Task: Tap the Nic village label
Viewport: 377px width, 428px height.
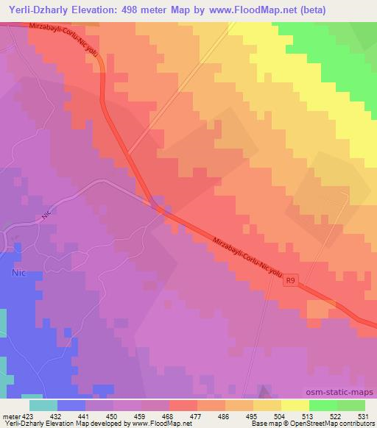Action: tap(18, 271)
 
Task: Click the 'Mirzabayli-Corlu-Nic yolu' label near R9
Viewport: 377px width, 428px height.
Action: tap(247, 258)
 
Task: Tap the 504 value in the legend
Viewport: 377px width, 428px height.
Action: tap(278, 415)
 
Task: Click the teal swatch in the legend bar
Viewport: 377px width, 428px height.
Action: tap(43, 405)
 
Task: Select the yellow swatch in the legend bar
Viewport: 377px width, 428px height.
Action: tap(295, 405)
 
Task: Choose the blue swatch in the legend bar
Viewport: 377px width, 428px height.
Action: tap(71, 405)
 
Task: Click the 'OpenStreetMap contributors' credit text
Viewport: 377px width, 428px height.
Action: tap(337, 424)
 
